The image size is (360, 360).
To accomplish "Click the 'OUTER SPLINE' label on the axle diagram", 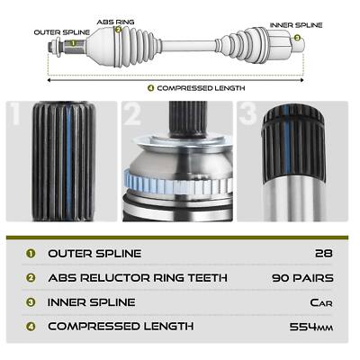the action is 62,32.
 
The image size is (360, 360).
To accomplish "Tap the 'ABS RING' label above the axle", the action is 115,22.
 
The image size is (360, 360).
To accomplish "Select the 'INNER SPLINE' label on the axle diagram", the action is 296,25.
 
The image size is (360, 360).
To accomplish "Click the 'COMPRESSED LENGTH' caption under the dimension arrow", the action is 201,88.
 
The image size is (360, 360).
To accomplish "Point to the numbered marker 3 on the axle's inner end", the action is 297,38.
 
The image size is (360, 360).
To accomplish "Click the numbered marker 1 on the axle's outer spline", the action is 73,43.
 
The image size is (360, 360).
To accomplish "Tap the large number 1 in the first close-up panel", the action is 14,113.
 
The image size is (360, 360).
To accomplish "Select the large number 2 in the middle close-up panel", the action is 132,113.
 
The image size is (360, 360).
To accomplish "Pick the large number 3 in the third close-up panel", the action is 247,113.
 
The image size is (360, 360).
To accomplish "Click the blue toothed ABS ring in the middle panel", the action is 177,184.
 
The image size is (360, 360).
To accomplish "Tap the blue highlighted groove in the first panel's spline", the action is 68,161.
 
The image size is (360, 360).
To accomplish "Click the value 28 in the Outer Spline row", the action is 324,254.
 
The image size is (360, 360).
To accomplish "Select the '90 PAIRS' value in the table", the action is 302,278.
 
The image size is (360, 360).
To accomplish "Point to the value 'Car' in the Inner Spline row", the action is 321,302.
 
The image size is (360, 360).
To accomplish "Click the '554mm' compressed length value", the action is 311,327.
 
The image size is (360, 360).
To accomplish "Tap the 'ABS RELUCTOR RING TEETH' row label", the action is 138,278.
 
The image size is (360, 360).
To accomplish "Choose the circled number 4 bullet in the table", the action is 31,327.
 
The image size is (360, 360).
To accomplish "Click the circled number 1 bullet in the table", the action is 31,254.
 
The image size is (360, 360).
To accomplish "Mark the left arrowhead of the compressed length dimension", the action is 49,80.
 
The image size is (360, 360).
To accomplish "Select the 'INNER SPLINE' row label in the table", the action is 92,302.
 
